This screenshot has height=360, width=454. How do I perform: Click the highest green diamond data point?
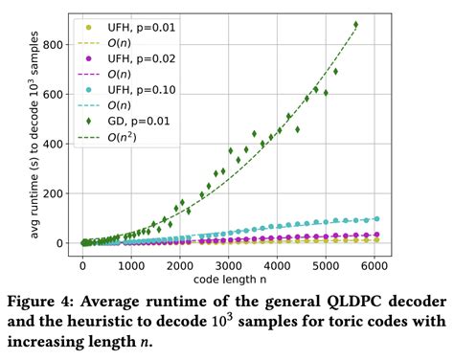click(356, 25)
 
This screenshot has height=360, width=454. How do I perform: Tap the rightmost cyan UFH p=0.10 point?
click(375, 218)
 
